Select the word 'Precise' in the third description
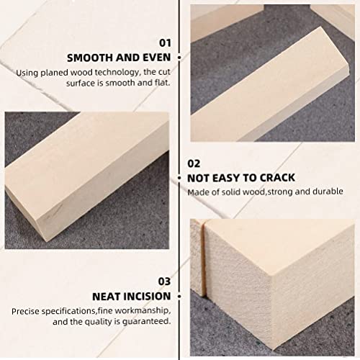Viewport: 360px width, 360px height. pos(26,310)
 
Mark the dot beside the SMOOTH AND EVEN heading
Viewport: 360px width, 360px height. pos(179,57)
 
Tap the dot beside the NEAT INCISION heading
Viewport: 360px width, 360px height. pos(179,295)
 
